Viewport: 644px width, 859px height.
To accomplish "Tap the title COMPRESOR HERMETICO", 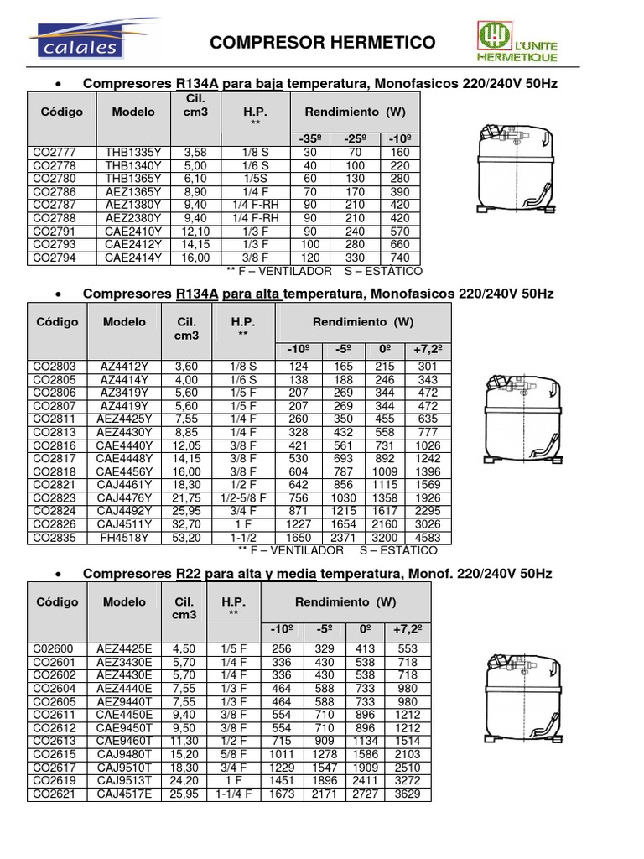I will point(322,43).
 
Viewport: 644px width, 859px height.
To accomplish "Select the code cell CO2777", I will point(55,153).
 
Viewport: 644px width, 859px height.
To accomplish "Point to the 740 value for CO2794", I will point(399,258).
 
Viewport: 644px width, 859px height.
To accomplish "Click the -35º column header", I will point(311,138).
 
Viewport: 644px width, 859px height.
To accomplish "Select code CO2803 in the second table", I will point(55,366).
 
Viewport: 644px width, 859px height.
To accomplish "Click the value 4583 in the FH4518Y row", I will point(430,537).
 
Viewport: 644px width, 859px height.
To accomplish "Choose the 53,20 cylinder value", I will point(186,537).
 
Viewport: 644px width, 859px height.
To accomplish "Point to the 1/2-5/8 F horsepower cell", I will point(243,497).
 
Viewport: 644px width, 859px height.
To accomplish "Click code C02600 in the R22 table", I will point(53,648).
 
